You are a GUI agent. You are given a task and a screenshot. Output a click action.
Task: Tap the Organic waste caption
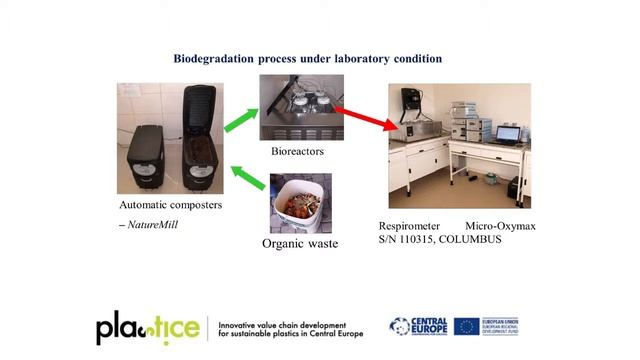click(x=301, y=243)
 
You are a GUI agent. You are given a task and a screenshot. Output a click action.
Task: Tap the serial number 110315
click(x=422, y=240)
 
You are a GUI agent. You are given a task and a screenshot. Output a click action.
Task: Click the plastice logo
click(x=148, y=329)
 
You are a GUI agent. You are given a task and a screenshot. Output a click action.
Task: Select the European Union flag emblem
click(x=467, y=327)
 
